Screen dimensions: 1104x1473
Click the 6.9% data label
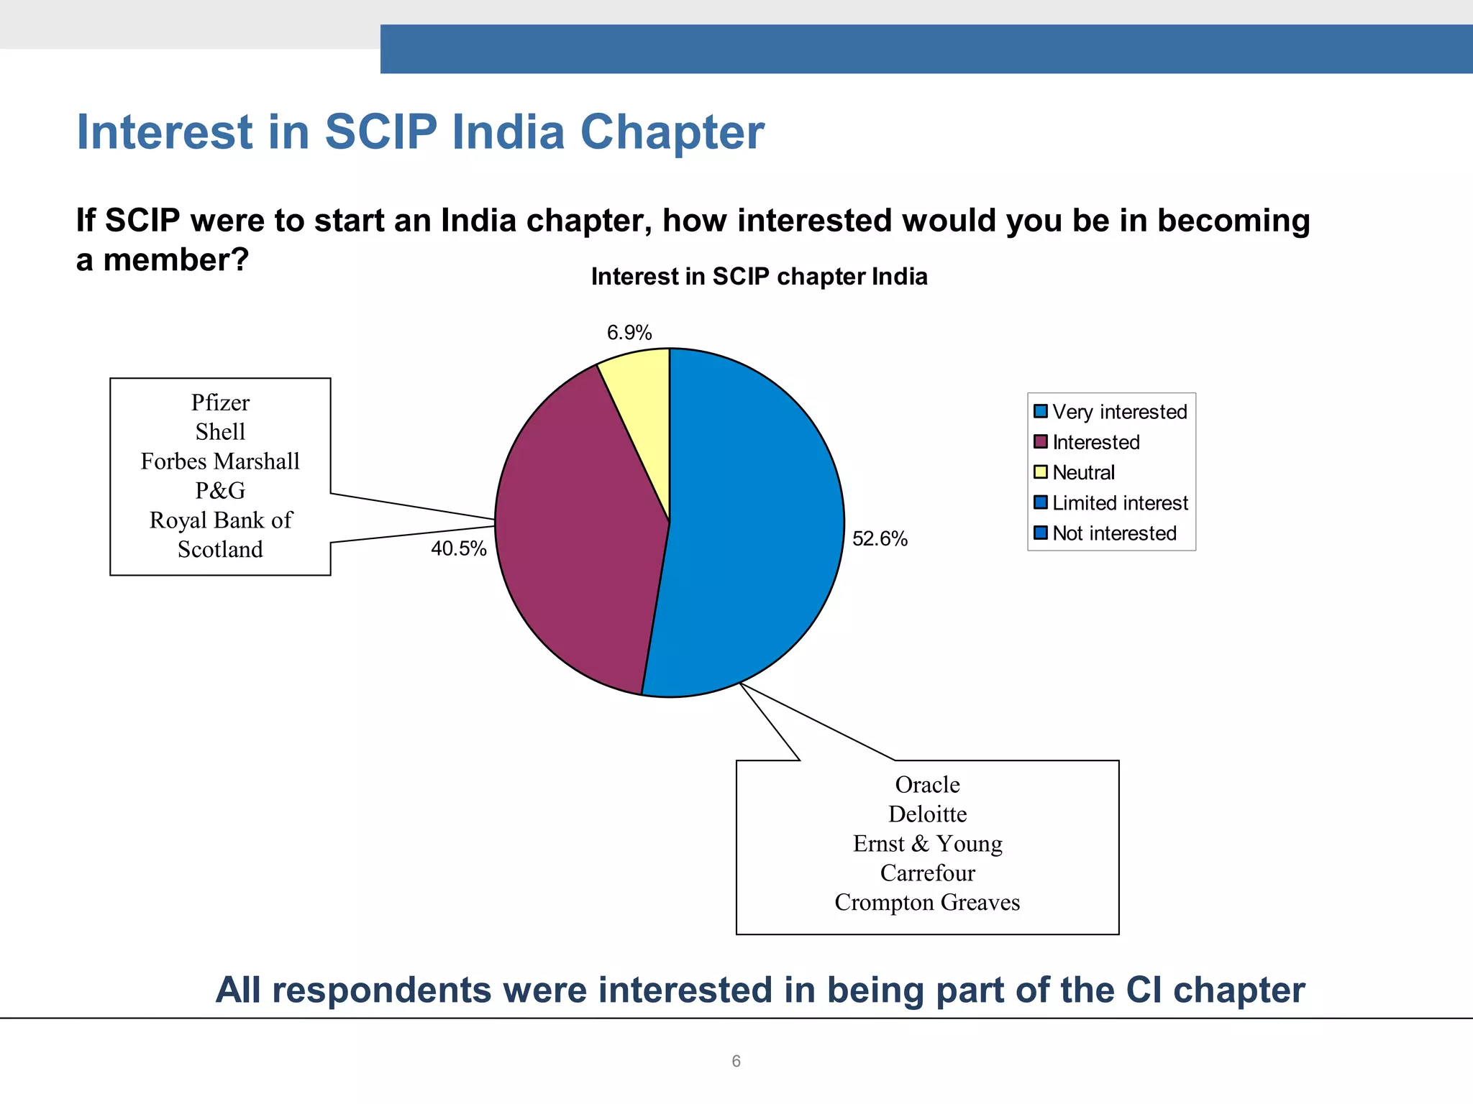[629, 333]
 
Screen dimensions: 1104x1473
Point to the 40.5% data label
[459, 549]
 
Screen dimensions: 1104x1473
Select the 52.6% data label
[880, 539]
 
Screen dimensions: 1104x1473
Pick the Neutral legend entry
[1083, 473]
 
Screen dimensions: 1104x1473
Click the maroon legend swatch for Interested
[1040, 441]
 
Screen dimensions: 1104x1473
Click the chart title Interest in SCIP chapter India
[759, 277]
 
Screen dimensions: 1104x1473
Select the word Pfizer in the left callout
[220, 402]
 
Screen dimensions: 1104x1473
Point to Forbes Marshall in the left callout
[220, 461]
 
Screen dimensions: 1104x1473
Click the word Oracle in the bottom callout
[927, 785]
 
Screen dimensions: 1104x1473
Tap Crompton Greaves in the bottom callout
[927, 903]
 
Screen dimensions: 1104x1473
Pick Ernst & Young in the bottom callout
[927, 844]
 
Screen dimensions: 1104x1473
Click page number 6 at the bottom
[736, 1062]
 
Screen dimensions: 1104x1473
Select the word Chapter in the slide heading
[672, 133]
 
